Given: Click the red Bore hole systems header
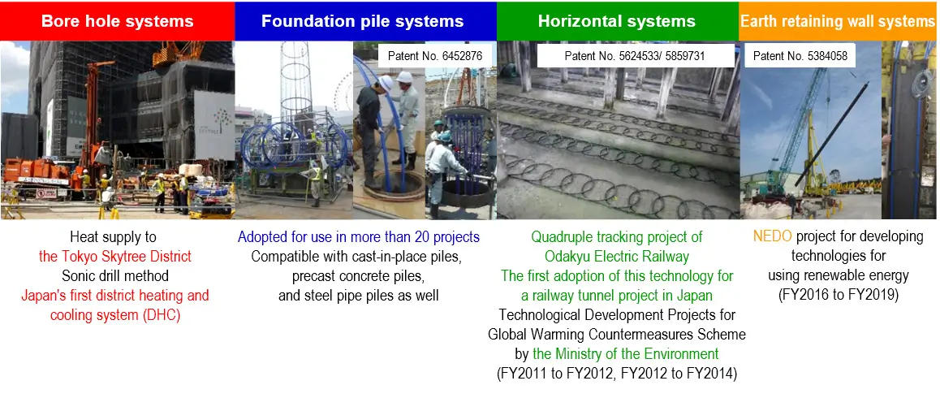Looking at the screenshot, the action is tap(117, 21).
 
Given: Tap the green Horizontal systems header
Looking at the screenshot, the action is tap(618, 21).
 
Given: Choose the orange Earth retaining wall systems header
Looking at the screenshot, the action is tap(839, 21).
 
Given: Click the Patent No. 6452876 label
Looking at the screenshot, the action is tap(434, 56).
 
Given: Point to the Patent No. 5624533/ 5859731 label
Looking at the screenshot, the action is tap(634, 56).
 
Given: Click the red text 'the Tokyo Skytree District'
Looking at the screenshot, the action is tap(115, 257).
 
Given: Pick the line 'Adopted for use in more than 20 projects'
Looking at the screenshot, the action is tap(359, 236).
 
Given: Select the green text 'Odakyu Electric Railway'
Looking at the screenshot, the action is tap(617, 257).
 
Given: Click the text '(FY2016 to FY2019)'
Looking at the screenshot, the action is tap(838, 296).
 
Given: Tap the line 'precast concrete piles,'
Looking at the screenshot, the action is tap(359, 276).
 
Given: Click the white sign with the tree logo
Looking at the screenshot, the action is tap(214, 125).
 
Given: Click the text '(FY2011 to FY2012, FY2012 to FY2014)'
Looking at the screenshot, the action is tap(617, 373).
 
